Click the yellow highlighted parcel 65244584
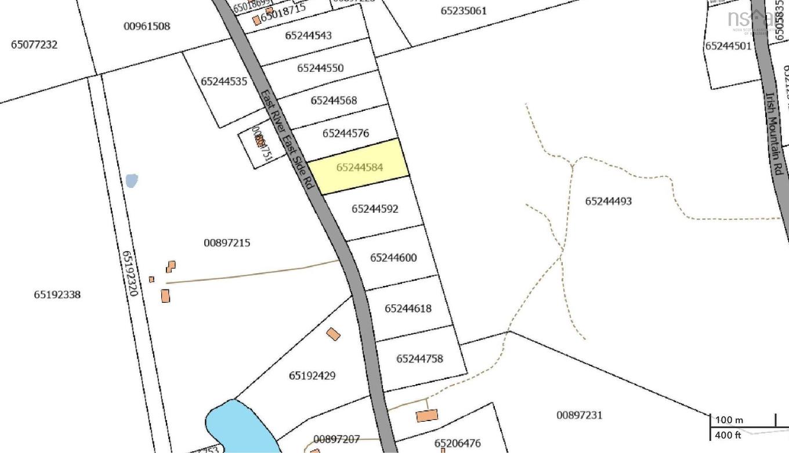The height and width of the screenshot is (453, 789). [359, 167]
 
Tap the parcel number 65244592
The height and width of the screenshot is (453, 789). [375, 209]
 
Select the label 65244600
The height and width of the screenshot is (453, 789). [393, 258]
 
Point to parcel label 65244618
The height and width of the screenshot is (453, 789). [408, 309]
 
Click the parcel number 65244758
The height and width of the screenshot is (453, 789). [419, 358]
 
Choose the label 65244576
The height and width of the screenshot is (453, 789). [346, 133]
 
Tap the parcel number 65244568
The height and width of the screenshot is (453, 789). [334, 100]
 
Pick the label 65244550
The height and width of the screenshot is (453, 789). [320, 68]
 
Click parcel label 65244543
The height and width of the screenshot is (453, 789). [308, 35]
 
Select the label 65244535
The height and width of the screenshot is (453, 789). [225, 82]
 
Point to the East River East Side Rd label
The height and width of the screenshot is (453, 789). [287, 139]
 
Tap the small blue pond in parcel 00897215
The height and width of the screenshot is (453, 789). [132, 180]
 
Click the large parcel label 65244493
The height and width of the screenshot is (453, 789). [608, 201]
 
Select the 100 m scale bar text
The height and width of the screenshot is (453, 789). [729, 420]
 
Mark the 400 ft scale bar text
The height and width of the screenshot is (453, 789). [729, 434]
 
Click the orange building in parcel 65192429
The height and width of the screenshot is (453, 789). [333, 334]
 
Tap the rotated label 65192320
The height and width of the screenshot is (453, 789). [129, 274]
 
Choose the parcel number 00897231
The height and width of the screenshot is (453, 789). [579, 415]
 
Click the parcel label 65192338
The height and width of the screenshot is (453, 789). [57, 295]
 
